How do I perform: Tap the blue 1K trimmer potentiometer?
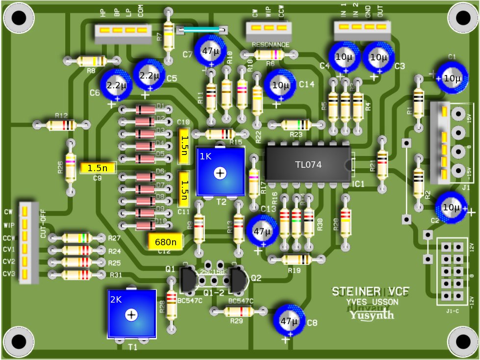[x=220, y=172]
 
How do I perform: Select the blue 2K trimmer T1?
[x=131, y=314]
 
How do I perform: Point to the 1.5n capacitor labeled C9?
[x=98, y=168]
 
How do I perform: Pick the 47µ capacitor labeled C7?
[x=211, y=51]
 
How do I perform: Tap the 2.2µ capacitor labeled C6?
[x=117, y=85]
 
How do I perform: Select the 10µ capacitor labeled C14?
[x=280, y=84]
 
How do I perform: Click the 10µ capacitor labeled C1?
[x=452, y=78]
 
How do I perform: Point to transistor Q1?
[x=189, y=280]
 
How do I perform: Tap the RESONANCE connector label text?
[x=270, y=45]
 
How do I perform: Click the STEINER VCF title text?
[x=370, y=292]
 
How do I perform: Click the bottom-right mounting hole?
[x=461, y=341]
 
